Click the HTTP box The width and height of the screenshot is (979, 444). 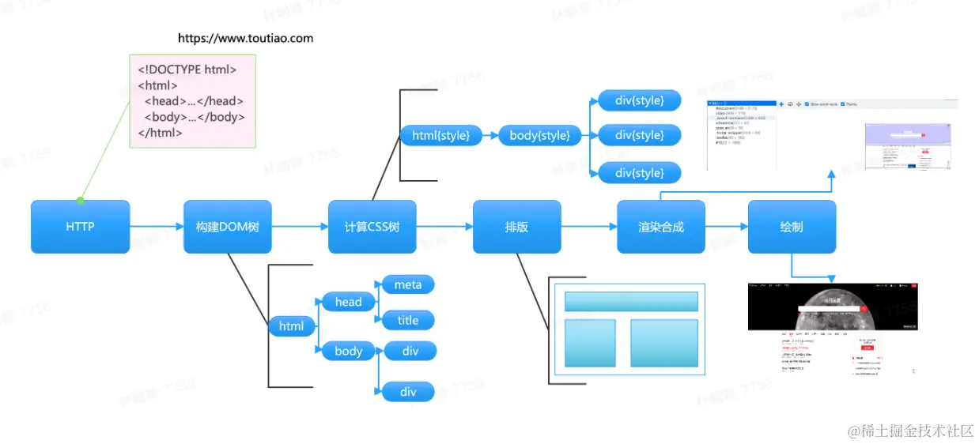[80, 227]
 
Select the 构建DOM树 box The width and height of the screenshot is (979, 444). [227, 227]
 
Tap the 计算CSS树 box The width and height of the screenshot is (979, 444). [372, 227]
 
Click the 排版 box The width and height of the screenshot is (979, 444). [516, 227]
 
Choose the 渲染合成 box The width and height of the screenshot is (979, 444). [660, 227]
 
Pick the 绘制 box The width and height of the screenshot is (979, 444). [791, 227]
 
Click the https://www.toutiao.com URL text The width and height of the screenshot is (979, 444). [245, 38]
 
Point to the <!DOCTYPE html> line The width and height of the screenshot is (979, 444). [187, 70]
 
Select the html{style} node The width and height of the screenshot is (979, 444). [440, 136]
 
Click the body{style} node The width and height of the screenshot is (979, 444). [539, 136]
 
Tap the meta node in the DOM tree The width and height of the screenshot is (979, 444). [408, 284]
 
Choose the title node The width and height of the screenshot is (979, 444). [408, 320]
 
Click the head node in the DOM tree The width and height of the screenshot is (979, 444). [348, 302]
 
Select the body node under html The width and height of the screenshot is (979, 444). [348, 351]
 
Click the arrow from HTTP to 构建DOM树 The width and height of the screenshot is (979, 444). [157, 228]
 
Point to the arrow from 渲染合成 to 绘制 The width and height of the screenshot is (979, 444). [726, 228]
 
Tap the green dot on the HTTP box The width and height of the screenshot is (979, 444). [80, 201]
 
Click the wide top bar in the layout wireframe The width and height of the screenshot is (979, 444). [631, 301]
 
